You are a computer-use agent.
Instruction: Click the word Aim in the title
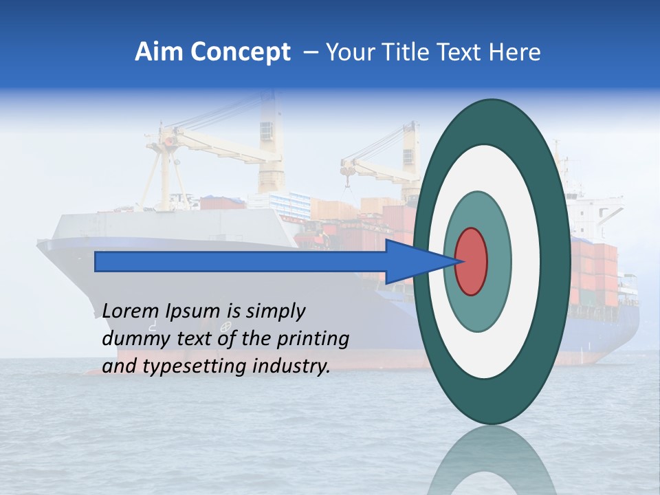(x=157, y=52)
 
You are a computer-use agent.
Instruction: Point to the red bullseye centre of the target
(x=472, y=261)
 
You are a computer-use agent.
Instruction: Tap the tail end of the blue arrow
(x=96, y=261)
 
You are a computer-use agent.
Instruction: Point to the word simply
(x=275, y=311)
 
